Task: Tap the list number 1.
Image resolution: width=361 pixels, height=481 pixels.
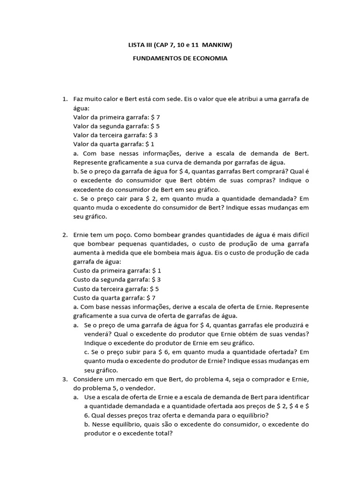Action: pos(64,99)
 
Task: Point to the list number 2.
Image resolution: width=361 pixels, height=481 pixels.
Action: pos(64,234)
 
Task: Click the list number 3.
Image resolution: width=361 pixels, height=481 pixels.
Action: pos(64,379)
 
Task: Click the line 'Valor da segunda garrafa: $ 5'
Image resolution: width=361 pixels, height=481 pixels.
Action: pos(117,126)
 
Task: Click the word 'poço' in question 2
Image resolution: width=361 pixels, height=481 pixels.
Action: pos(120,234)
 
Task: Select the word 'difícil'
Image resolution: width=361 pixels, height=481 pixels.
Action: pos(297,234)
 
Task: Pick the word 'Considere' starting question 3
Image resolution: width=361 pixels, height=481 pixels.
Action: pos(89,379)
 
